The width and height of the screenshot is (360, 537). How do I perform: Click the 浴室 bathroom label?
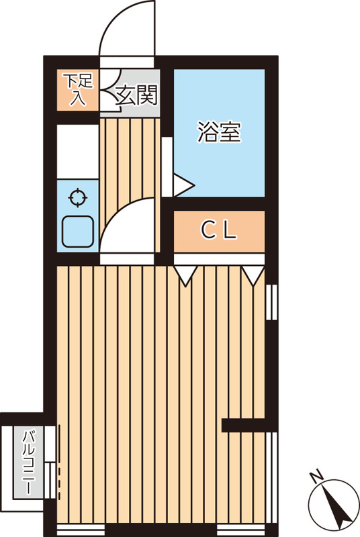(x=219, y=132)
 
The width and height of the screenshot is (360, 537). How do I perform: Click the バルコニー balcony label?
(x=29, y=462)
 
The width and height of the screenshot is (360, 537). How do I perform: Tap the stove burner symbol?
(x=78, y=198)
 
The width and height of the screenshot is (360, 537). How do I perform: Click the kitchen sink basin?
(x=77, y=232)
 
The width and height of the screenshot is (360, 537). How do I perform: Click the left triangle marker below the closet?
(x=185, y=274)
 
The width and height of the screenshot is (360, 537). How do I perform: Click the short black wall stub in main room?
(x=245, y=425)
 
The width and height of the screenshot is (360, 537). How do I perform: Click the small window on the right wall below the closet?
(x=271, y=302)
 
